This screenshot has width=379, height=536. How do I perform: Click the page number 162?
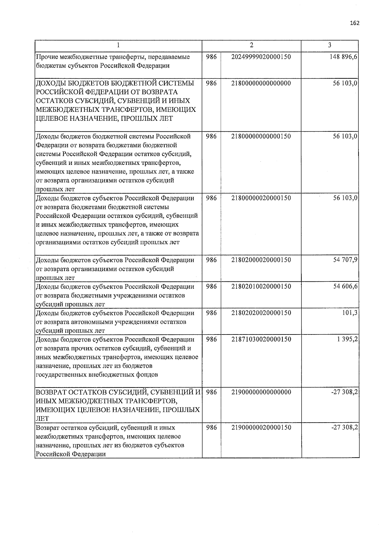[x=355, y=23]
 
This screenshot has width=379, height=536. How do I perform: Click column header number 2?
[x=251, y=45]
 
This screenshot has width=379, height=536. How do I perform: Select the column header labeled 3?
[x=329, y=45]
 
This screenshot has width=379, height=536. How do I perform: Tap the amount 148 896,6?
[x=343, y=57]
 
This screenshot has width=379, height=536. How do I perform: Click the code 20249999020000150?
[x=261, y=57]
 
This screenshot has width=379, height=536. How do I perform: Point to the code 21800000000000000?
[x=261, y=83]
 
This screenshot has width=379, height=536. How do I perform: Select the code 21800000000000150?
[x=261, y=136]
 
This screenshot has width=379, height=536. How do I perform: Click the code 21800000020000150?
[x=261, y=198]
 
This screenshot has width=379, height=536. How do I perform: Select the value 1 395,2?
[x=347, y=340]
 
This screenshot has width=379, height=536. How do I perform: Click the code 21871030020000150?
[x=261, y=340]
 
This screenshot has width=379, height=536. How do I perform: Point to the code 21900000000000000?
[x=261, y=392]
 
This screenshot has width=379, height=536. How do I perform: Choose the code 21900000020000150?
[x=261, y=428]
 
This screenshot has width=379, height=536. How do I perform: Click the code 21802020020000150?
[x=261, y=313]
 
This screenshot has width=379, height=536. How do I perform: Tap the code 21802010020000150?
[x=261, y=286]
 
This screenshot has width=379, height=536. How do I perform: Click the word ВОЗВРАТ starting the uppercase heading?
[x=51, y=393]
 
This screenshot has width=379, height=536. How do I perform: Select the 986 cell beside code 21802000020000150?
[x=211, y=260]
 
